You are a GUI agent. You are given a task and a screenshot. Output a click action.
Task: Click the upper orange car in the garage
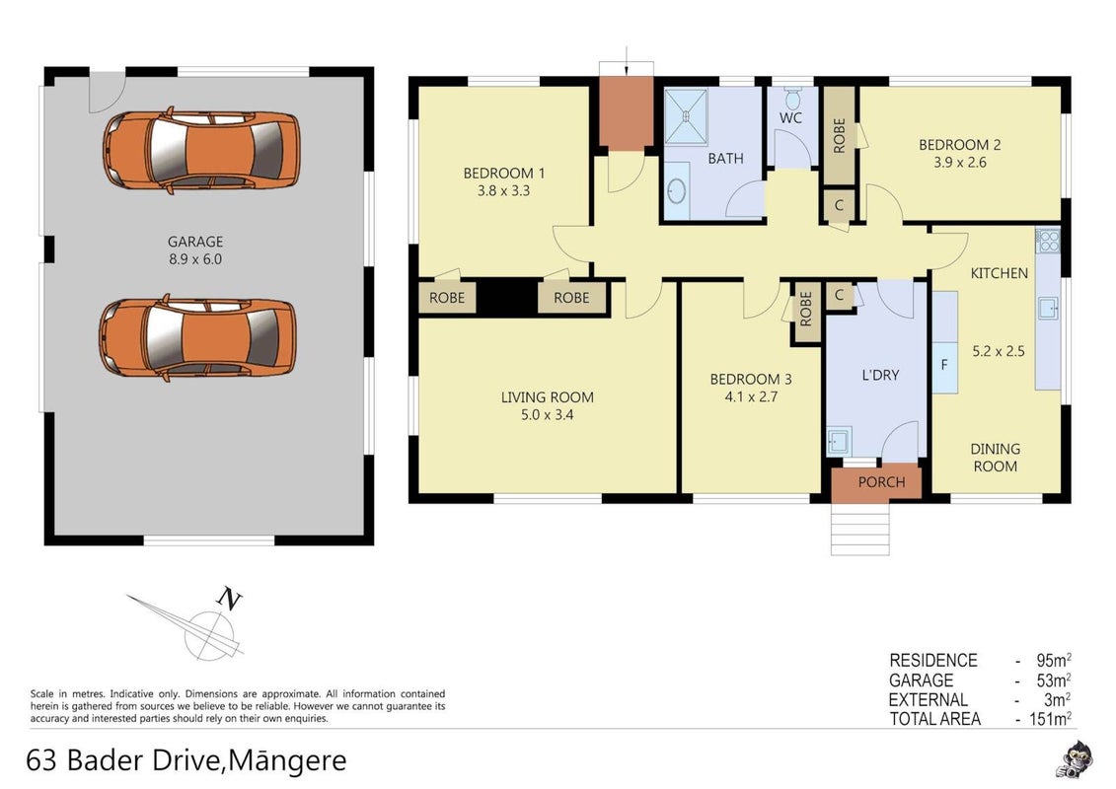pyautogui.click(x=201, y=150)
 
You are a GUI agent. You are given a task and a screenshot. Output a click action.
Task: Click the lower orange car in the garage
pyautogui.click(x=198, y=337)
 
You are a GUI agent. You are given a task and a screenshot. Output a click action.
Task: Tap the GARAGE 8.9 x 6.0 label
pyautogui.click(x=195, y=251)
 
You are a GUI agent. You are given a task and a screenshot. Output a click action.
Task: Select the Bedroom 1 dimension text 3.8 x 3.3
pyautogui.click(x=504, y=190)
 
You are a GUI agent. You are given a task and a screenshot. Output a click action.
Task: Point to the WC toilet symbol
pyautogui.click(x=793, y=98)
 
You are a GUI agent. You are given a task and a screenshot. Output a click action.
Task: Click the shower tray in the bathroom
pyautogui.click(x=686, y=116)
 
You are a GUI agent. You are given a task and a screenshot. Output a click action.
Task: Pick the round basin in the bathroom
pyautogui.click(x=677, y=190)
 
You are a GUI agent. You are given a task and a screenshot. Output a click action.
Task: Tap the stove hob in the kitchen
pyautogui.click(x=1048, y=242)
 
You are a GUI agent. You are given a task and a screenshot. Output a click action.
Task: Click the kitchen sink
pyautogui.click(x=1048, y=309)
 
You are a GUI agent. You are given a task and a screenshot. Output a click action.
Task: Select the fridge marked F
pyautogui.click(x=944, y=365)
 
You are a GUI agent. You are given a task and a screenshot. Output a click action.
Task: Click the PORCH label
pyautogui.click(x=881, y=482)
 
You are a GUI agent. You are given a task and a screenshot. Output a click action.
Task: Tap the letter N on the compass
pyautogui.click(x=229, y=599)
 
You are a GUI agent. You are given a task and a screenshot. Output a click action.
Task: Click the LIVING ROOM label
pyautogui.click(x=548, y=397)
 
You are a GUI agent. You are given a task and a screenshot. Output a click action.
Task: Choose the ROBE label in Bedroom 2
pyautogui.click(x=839, y=135)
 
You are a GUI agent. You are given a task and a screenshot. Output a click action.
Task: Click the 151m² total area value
pyautogui.click(x=1051, y=719)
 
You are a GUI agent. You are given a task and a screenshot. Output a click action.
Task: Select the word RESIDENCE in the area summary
pyautogui.click(x=933, y=660)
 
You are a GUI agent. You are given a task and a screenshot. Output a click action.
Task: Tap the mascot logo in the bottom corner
pyautogui.click(x=1074, y=758)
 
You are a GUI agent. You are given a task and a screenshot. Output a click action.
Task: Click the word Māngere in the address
pyautogui.click(x=288, y=759)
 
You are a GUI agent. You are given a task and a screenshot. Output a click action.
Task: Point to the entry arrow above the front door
pyautogui.click(x=626, y=60)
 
